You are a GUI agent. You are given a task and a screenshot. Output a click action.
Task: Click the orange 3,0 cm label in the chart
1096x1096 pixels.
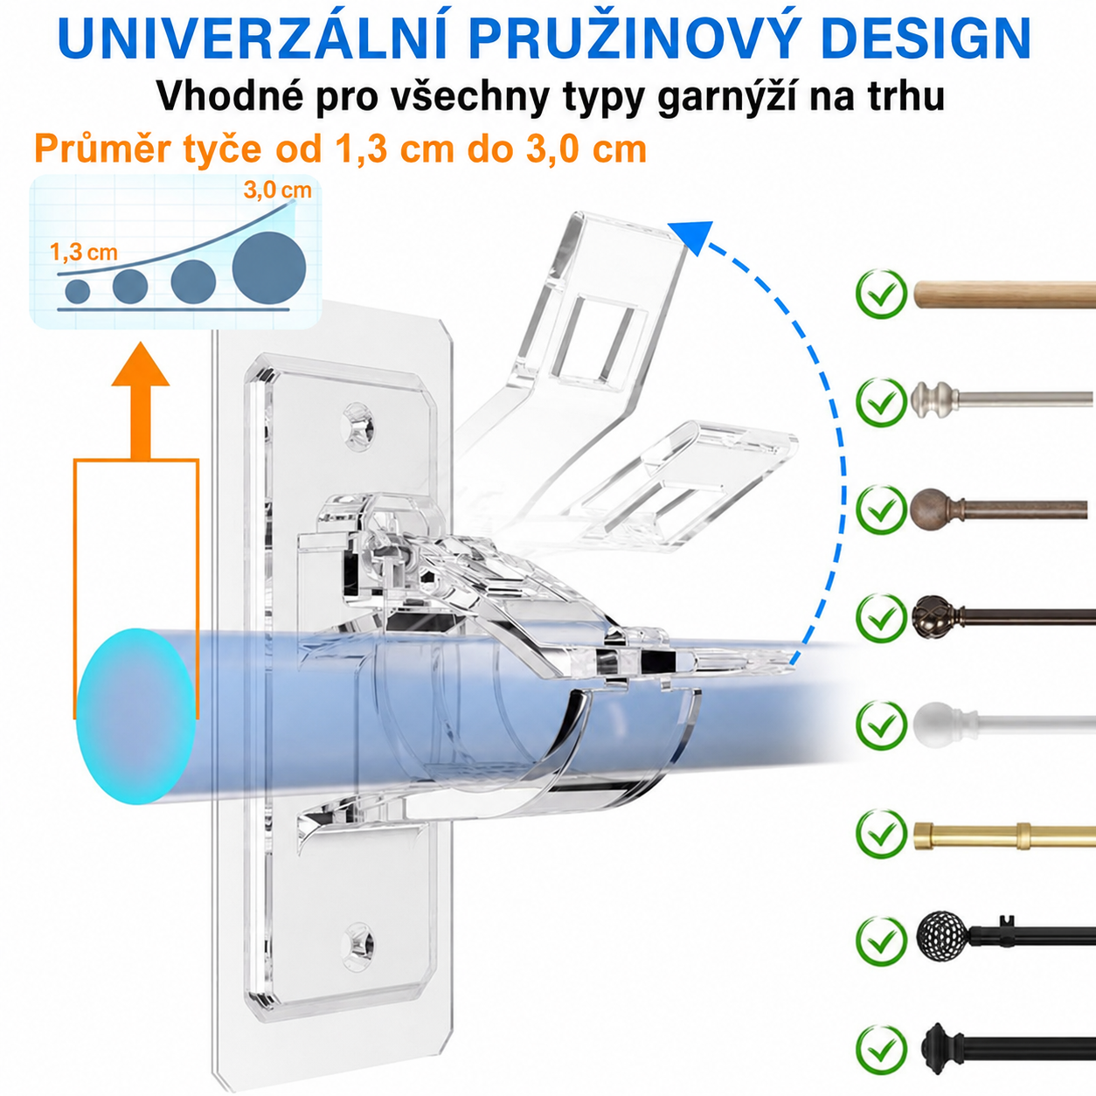(x=278, y=190)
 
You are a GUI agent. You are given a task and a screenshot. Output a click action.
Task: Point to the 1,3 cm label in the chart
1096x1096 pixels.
(x=84, y=252)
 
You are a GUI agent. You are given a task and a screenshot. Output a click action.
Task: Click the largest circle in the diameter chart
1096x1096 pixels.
(x=269, y=267)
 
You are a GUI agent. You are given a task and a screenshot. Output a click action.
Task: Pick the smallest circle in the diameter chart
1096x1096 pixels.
(x=78, y=291)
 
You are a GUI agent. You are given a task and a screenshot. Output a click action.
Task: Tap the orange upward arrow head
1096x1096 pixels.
(x=141, y=364)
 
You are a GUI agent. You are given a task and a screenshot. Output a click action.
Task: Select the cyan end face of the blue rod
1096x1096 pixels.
(x=136, y=716)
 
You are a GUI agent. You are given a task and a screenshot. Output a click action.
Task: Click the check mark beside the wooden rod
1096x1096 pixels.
(x=881, y=294)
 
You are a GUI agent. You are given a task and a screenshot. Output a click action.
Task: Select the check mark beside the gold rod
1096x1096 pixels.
(x=881, y=834)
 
